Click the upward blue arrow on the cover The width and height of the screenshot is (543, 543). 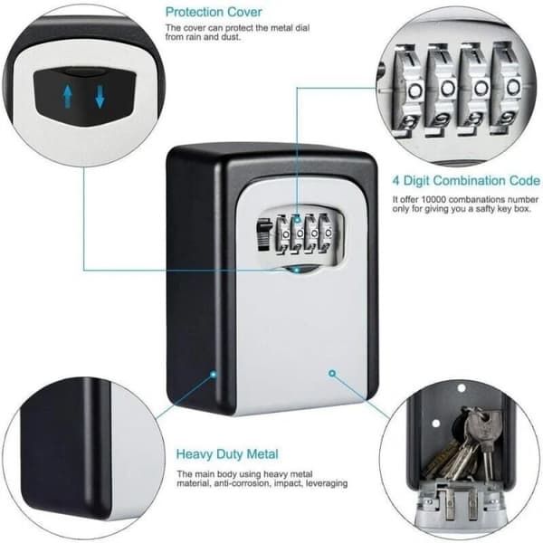tap(68, 97)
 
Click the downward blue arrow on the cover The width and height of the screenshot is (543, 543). tap(100, 97)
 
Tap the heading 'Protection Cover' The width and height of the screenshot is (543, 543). tap(214, 12)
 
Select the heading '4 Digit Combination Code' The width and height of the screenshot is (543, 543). tap(466, 180)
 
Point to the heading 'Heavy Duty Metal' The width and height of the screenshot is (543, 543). tap(227, 454)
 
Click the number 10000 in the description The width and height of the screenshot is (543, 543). tap(433, 199)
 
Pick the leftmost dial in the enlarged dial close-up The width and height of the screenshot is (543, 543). tap(412, 90)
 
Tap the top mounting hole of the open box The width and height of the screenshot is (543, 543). tap(461, 388)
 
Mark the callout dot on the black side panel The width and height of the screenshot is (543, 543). tap(214, 374)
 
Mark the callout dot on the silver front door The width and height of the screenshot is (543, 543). tap(332, 373)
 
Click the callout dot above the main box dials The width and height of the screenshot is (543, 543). tap(297, 219)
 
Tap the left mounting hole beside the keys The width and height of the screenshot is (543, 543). tap(436, 424)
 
